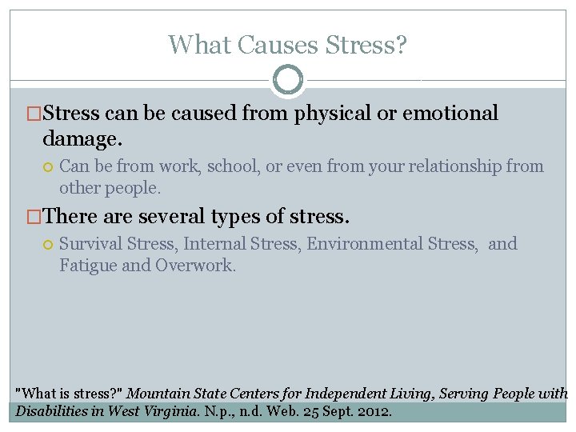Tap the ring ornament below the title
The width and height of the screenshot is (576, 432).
pos(288,80)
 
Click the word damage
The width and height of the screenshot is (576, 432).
pos(82,139)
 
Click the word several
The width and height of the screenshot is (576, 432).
pos(175,217)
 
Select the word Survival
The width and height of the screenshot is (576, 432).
pos(90,244)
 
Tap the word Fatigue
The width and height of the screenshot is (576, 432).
pos(87,266)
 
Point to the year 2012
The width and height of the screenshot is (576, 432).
pos(374,412)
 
